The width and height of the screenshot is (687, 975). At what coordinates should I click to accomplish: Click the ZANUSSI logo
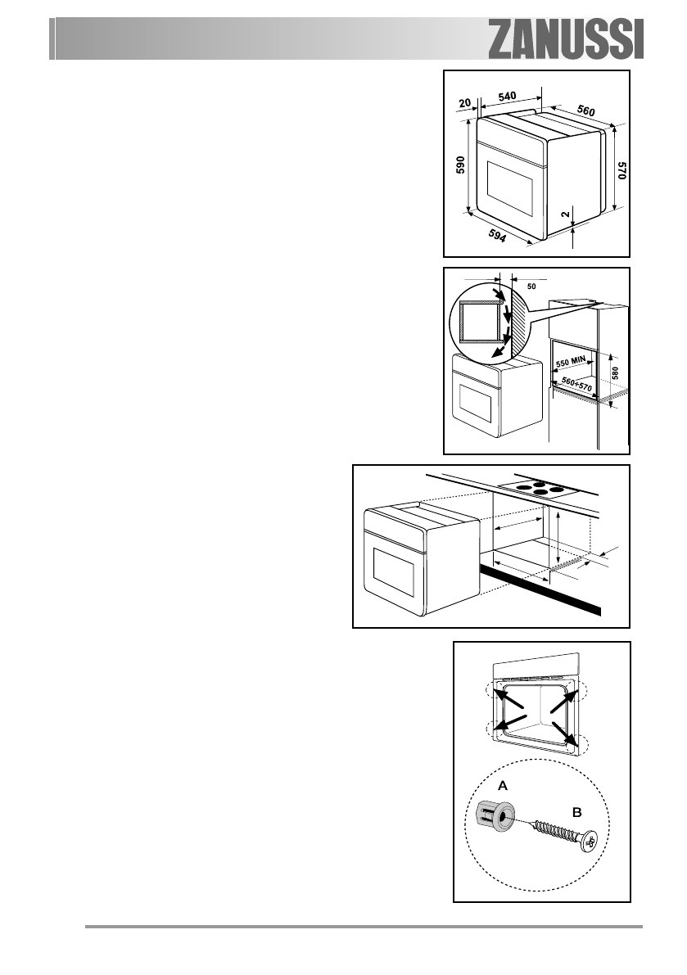click(x=567, y=38)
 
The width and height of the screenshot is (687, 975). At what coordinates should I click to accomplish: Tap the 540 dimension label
click(x=507, y=96)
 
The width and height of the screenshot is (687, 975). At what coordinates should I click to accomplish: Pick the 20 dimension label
click(x=464, y=103)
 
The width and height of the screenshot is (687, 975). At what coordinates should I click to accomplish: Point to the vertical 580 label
click(x=616, y=371)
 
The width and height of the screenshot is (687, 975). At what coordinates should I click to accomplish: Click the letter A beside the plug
click(x=504, y=784)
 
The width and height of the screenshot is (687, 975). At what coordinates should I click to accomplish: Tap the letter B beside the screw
click(x=576, y=813)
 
